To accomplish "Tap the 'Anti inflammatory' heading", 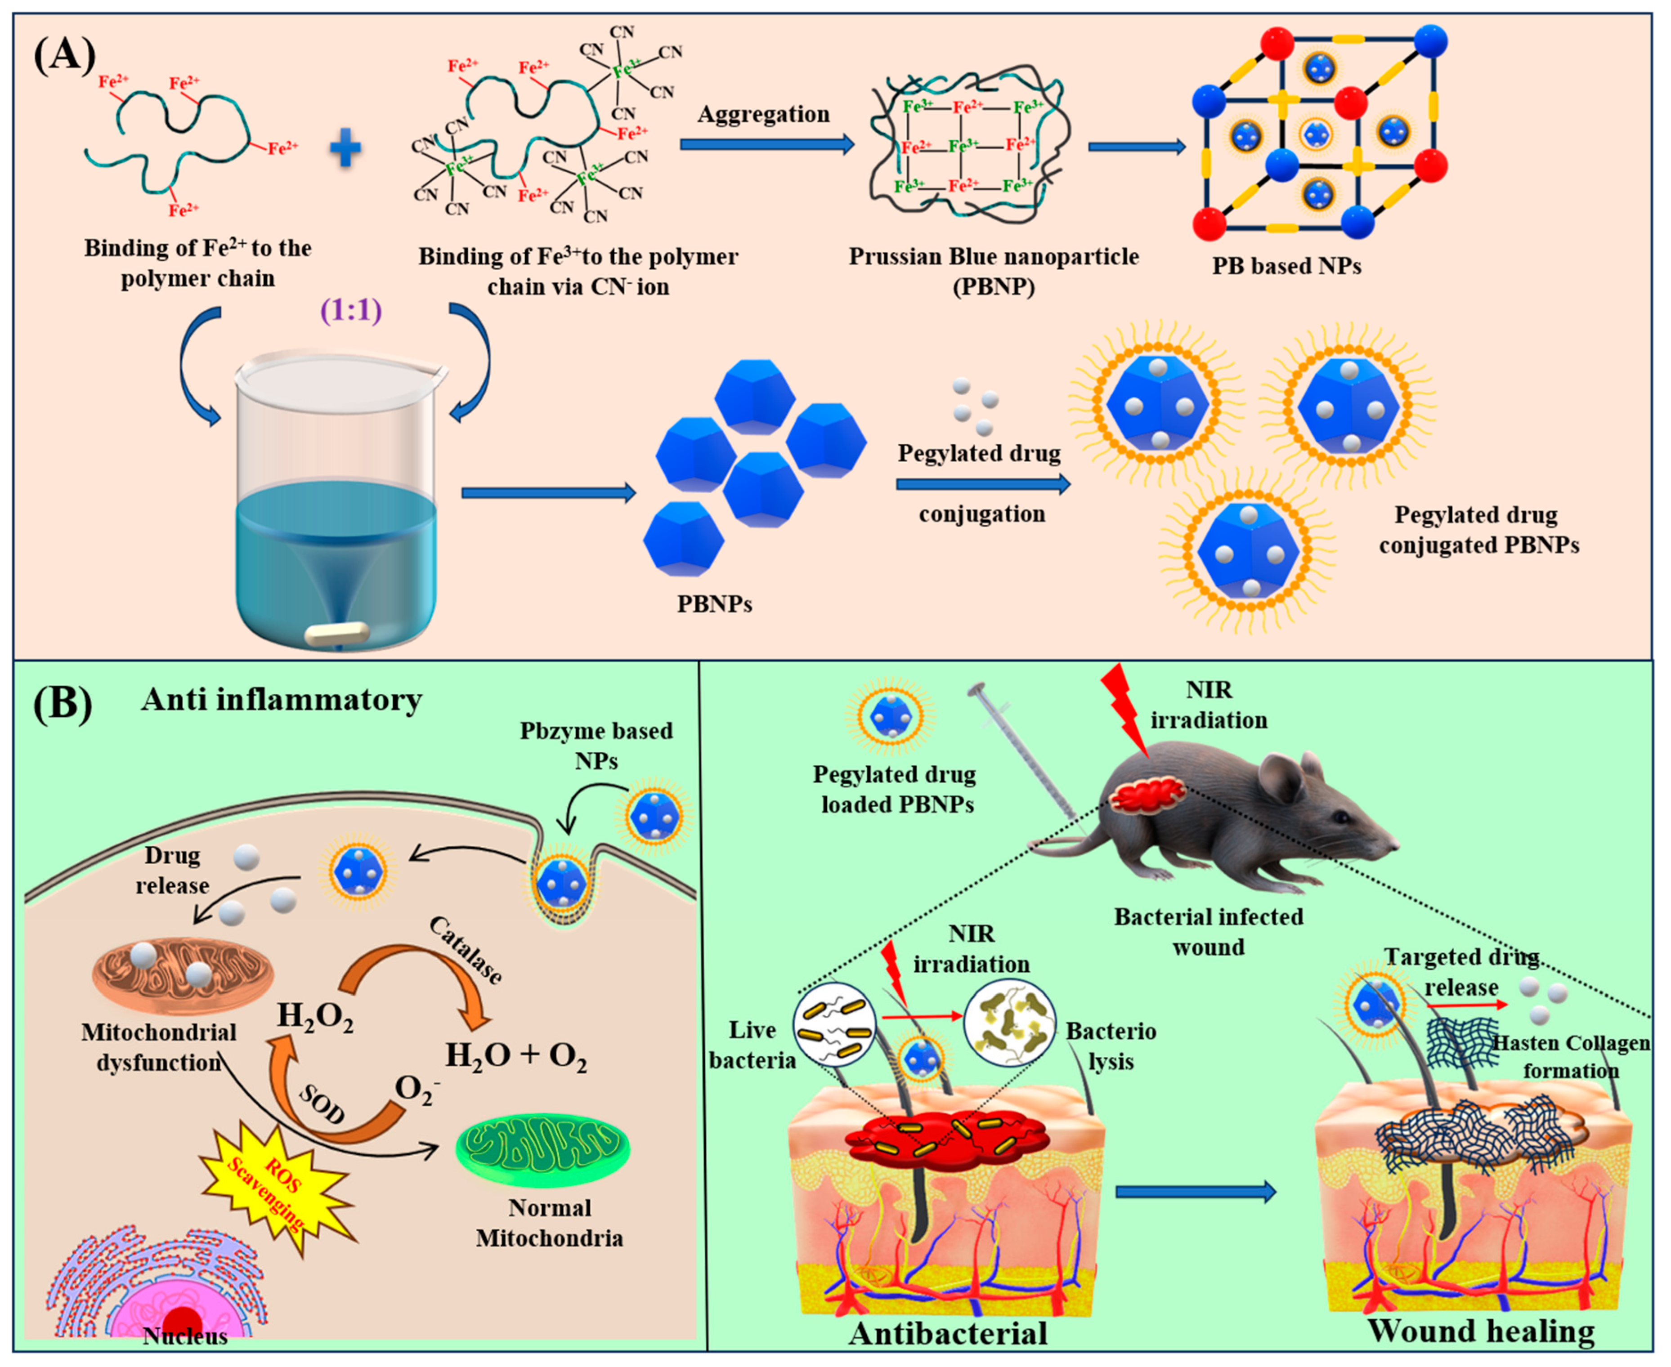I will click(x=281, y=699).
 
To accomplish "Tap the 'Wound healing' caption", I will click(x=1480, y=1331).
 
